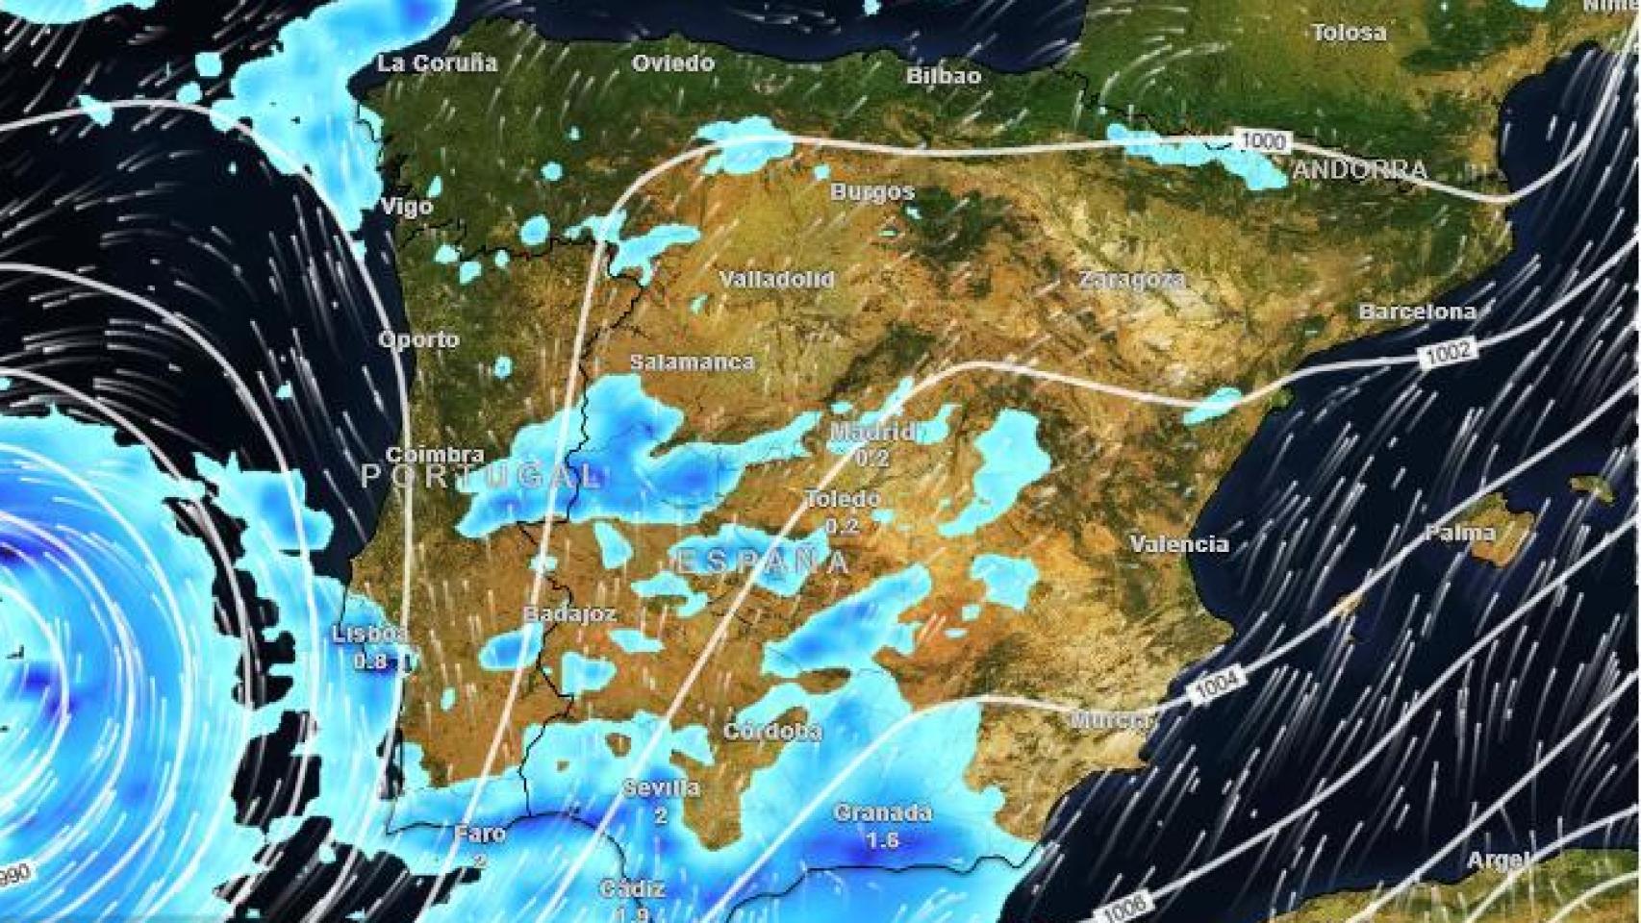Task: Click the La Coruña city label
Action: [438, 64]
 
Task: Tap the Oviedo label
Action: [673, 63]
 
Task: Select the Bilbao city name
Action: [944, 76]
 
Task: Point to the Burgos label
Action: [872, 191]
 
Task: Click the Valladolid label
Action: [777, 280]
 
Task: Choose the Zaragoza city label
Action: [1131, 280]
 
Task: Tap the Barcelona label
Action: [1417, 312]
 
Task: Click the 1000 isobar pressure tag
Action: [1263, 141]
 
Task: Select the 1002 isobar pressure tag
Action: [1449, 352]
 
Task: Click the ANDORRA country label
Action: [1360, 171]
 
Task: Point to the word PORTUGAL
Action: [481, 475]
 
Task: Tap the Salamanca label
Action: [692, 362]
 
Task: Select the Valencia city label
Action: [1179, 544]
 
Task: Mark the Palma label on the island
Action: [1460, 532]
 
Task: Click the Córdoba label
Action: [772, 732]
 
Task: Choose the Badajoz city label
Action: [569, 613]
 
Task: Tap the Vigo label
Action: [407, 207]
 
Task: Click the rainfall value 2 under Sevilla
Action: [661, 816]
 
